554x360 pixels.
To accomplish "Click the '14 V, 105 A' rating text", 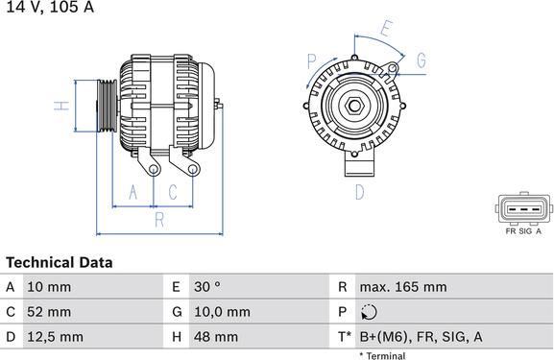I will coord(47,8).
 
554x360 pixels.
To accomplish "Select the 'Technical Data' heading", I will coord(60,262).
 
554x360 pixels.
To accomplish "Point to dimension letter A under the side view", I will coord(133,193).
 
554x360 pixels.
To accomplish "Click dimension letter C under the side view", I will coord(173,193).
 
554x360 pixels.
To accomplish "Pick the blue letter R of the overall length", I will coord(159,220).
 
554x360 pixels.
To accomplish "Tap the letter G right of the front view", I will coord(421,60).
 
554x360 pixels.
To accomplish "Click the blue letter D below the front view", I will coord(359,193).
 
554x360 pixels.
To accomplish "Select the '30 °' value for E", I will coord(207,286).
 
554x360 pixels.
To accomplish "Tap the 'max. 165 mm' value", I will coord(403,286).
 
